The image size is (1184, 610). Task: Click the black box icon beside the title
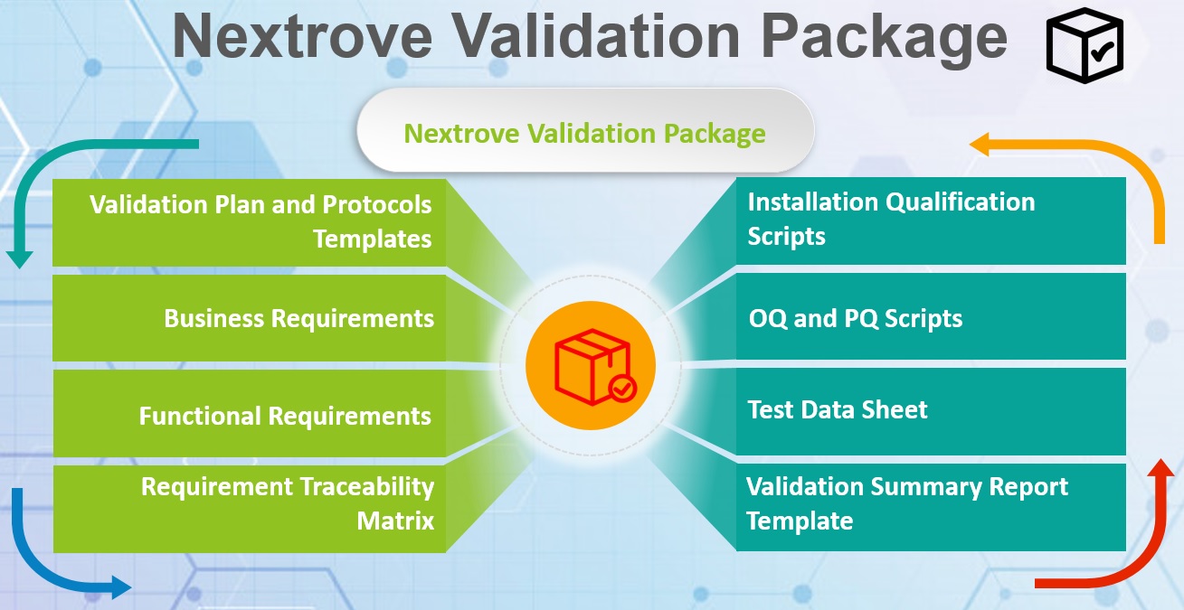pyautogui.click(x=1085, y=45)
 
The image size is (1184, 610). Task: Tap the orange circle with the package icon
pyautogui.click(x=591, y=365)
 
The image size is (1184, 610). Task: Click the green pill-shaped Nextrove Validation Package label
pyautogui.click(x=585, y=130)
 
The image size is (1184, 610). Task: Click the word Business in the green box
pyautogui.click(x=214, y=318)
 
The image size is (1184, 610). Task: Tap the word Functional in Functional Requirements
pyautogui.click(x=200, y=416)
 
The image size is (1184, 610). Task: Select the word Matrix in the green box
pyautogui.click(x=395, y=521)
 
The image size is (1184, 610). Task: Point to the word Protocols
pyautogui.click(x=377, y=205)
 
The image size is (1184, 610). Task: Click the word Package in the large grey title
pyautogui.click(x=884, y=37)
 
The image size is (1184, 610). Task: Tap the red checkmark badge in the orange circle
pyautogui.click(x=622, y=389)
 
